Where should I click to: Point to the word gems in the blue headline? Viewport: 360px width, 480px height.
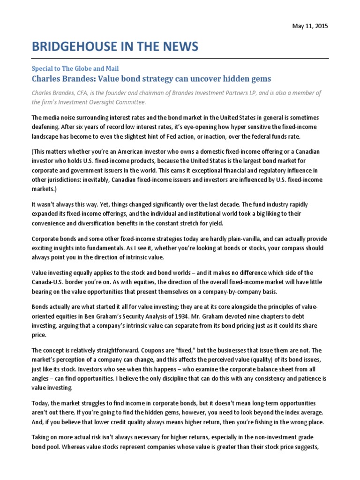pos(257,78)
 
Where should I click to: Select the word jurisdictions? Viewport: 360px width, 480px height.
pos(64,180)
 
